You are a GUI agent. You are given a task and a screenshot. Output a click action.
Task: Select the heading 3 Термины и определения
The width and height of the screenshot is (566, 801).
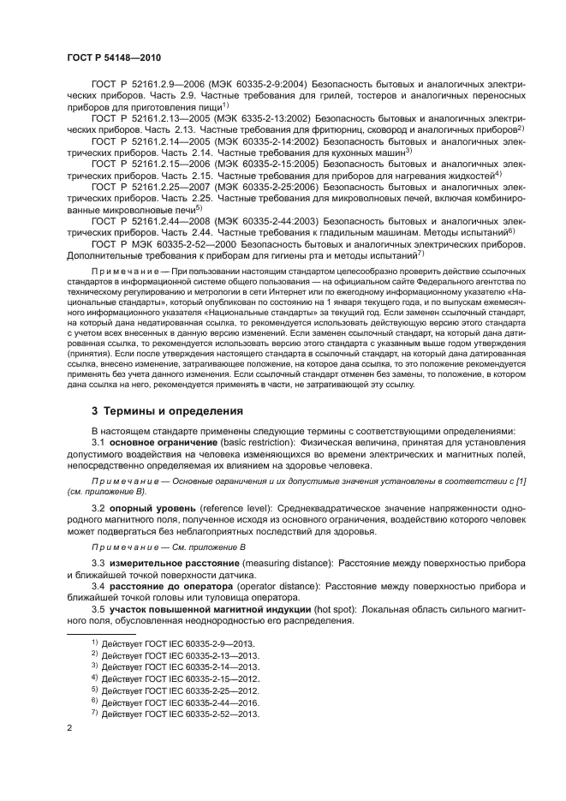coord(167,410)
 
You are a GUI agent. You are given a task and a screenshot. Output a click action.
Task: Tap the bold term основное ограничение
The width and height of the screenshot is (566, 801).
coord(163,442)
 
